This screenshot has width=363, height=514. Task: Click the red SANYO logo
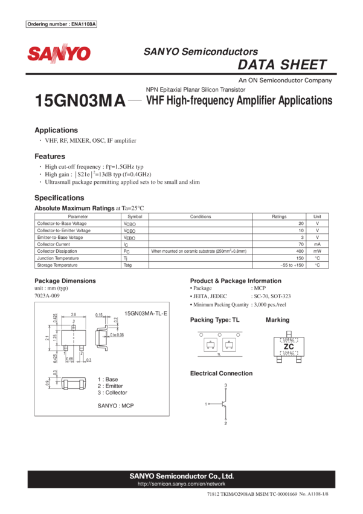[x=59, y=54]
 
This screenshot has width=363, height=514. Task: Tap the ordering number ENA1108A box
[x=62, y=24]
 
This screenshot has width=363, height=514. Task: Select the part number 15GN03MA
[x=80, y=102]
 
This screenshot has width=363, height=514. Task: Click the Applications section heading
[x=56, y=130]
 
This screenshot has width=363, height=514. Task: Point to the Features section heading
[x=50, y=156]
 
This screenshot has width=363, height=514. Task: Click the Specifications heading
[x=59, y=198]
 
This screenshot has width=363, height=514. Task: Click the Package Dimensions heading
[x=65, y=281]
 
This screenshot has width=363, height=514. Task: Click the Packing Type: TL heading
[x=214, y=319]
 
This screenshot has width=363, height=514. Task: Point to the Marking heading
[x=277, y=319]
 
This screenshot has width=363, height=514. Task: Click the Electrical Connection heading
[x=221, y=373]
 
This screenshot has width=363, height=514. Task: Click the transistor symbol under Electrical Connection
[x=224, y=404]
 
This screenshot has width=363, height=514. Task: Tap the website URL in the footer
[x=181, y=484]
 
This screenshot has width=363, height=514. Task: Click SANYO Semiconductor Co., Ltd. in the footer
[x=181, y=476]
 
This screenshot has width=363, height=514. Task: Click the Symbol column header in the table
[x=135, y=216]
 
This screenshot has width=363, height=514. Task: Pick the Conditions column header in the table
[x=201, y=216]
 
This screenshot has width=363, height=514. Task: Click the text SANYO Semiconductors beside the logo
[x=201, y=52]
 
